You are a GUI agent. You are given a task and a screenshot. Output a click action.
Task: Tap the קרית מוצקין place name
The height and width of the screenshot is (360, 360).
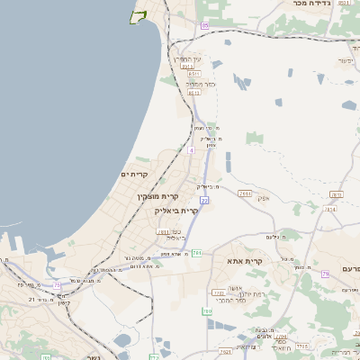click(157, 196)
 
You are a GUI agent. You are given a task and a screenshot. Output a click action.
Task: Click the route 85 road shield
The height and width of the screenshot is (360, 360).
click(204, 26)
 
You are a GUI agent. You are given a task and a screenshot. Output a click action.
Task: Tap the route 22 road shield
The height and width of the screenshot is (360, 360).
click(204, 200)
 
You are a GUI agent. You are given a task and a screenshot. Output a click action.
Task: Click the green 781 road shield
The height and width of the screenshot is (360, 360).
click(196, 253)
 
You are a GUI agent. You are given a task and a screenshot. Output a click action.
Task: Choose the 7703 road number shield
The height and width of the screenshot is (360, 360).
click(218, 292)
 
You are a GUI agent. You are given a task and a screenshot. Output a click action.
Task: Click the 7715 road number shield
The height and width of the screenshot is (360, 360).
click(301, 345)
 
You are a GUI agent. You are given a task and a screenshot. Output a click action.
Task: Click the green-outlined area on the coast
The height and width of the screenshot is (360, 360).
click(138, 17)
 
